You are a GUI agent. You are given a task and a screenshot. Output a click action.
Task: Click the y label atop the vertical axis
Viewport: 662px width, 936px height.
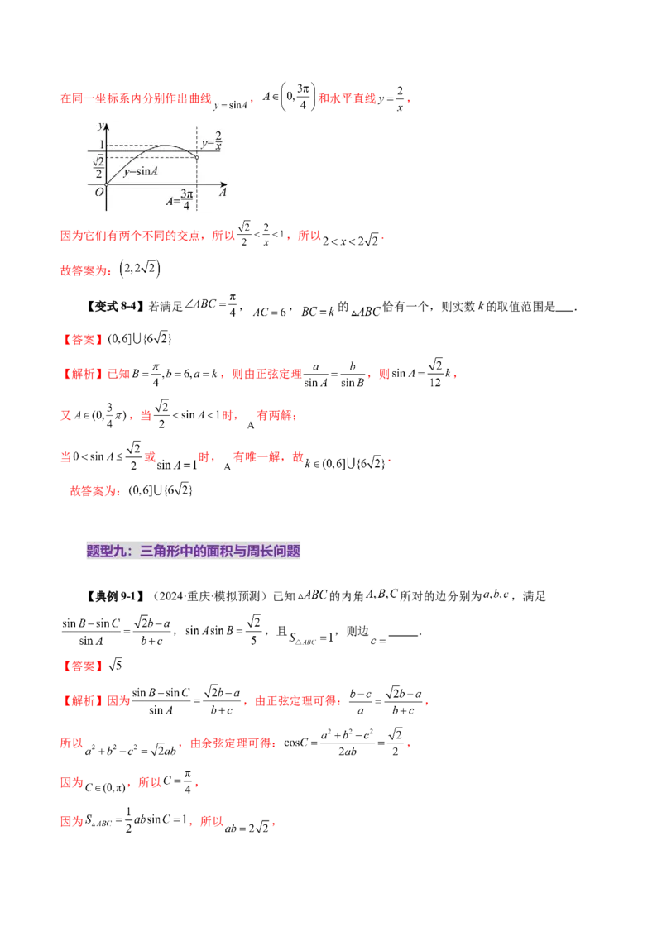tap(99, 127)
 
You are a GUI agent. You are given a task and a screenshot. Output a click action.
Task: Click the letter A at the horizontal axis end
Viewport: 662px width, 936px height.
tap(223, 192)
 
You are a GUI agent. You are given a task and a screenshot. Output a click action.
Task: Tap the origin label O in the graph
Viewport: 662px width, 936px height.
tap(98, 192)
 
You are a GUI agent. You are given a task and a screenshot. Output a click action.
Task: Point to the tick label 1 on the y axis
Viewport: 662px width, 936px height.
tap(102, 146)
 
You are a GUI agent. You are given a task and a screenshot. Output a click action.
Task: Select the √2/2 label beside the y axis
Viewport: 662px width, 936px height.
tap(98, 167)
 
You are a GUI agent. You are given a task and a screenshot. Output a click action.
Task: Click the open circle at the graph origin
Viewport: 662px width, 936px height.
tap(107, 184)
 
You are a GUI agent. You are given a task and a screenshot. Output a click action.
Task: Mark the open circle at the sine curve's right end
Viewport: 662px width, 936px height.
tap(197, 157)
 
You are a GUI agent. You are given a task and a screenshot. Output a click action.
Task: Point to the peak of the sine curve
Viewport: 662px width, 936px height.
tap(167, 146)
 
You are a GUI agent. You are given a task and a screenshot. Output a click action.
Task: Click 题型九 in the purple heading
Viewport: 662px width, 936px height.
tap(109, 551)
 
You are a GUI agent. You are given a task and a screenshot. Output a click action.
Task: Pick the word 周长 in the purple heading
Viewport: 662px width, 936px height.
tap(257, 551)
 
